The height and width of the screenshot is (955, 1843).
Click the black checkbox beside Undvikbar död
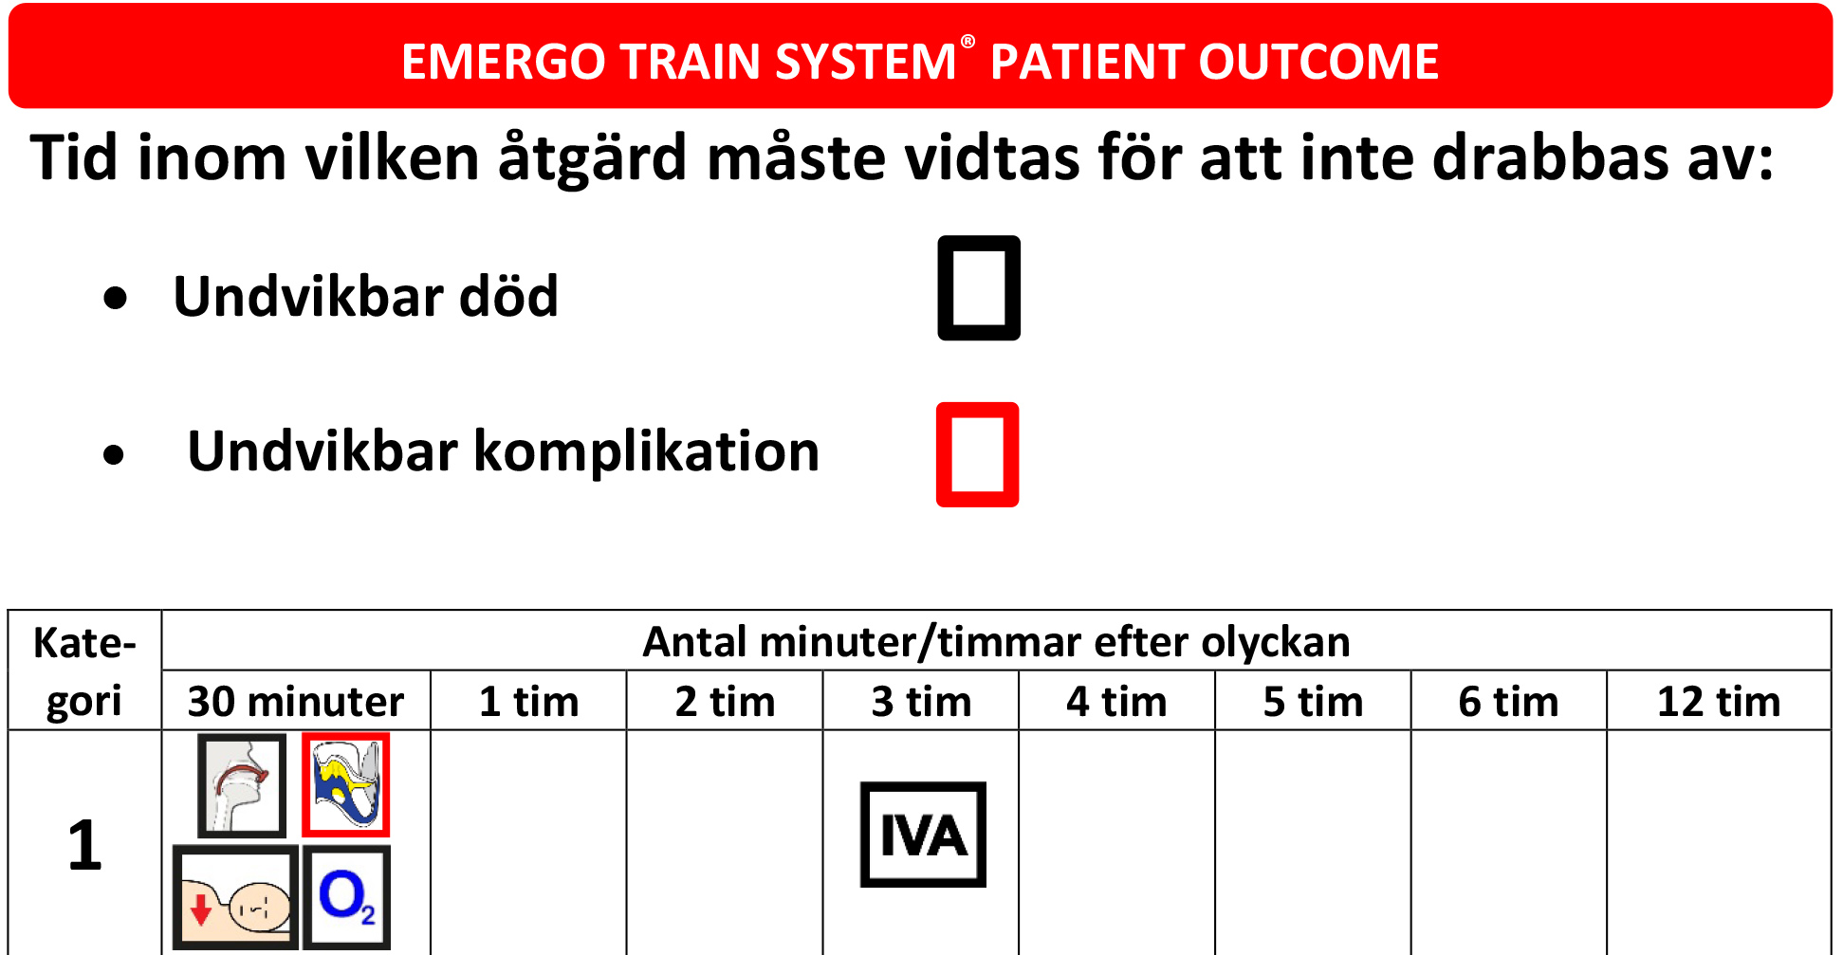(979, 288)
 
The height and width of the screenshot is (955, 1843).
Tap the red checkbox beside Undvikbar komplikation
(977, 454)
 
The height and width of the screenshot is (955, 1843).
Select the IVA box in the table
(923, 835)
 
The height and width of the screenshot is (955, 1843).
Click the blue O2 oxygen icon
(346, 897)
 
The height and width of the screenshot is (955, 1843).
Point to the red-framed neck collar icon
(345, 785)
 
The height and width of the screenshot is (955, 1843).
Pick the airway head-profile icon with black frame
(242, 785)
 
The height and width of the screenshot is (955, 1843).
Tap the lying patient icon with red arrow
(235, 897)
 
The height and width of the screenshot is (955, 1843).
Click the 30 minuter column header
(296, 702)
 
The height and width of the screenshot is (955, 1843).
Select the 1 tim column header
(528, 702)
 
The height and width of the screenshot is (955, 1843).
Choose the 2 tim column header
(725, 702)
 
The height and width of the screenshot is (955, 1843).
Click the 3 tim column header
(921, 702)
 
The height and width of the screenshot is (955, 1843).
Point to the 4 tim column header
(1116, 702)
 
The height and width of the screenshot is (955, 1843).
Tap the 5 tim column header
(1313, 702)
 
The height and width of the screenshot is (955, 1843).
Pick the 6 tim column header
(1508, 702)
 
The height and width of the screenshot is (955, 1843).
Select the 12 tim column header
(1719, 702)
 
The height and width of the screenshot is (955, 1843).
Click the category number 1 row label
(84, 844)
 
